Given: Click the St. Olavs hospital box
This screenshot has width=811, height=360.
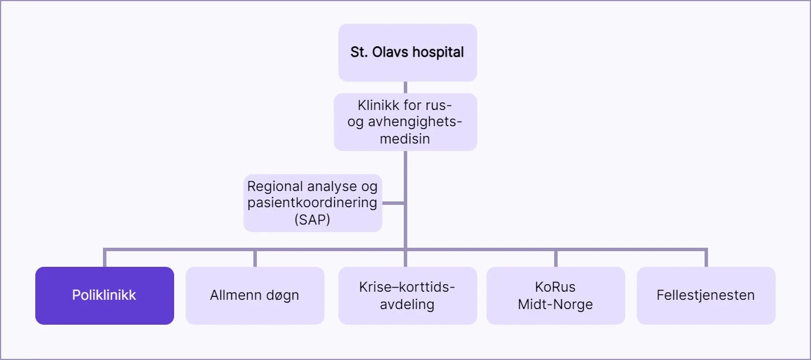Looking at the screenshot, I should point(407,52).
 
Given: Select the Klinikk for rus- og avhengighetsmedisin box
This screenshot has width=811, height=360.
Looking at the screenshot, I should point(405,122).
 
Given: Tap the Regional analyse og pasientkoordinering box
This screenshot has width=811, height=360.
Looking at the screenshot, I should point(312,203).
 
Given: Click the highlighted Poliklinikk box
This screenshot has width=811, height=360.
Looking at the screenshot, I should point(104,295).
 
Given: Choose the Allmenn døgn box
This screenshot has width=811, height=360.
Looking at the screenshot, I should point(255,295).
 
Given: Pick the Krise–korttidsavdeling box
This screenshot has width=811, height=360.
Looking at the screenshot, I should point(407,295).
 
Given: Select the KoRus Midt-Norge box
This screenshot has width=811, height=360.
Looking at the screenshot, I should point(555,295).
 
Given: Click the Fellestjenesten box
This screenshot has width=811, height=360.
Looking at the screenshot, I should point(706,295).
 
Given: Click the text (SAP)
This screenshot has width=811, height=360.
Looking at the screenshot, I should point(312,220).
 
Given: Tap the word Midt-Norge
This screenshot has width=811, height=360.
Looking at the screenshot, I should point(555,304).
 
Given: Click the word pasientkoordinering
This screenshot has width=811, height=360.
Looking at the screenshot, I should point(312,203).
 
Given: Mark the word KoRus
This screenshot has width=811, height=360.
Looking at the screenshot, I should point(555,287).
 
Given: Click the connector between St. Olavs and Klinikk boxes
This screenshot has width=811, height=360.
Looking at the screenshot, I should point(405,87).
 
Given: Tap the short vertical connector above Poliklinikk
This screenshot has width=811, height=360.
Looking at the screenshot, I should point(105,258).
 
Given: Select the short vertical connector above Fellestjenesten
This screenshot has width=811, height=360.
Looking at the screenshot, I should point(706,258).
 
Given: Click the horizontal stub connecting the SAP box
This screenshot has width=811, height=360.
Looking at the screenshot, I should point(393,203).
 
